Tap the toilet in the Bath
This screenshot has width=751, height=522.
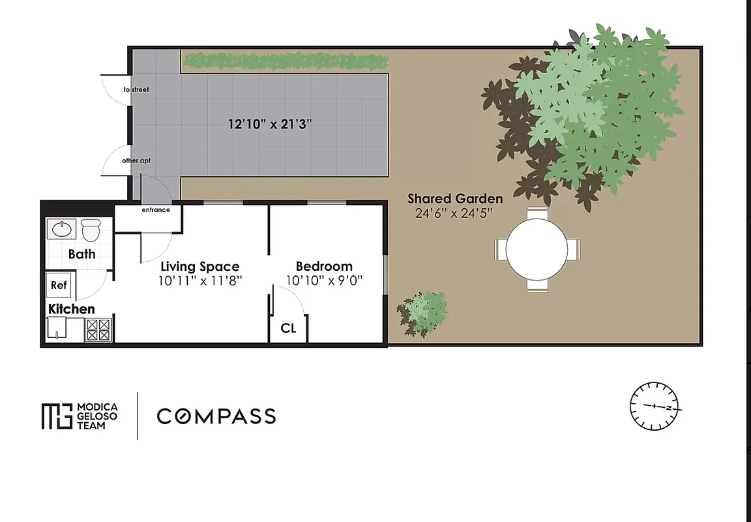pos(91,230)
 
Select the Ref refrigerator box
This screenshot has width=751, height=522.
pos(59,285)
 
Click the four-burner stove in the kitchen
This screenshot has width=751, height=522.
pos(98,330)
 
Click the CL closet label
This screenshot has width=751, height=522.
pos(288,328)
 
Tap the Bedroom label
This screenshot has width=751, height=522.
pos(324,266)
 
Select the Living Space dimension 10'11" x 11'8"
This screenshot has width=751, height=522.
pos(200,281)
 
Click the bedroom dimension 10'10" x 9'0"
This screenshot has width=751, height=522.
pos(324,281)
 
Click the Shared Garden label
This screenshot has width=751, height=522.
pos(455,198)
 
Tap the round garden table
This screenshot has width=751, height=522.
pos(537,249)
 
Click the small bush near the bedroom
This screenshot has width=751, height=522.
pos(423,312)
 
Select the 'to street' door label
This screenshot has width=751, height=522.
pos(136,89)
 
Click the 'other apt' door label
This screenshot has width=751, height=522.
pos(136,160)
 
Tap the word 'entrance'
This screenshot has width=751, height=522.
pos(156,210)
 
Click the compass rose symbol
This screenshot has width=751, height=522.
pos(655,406)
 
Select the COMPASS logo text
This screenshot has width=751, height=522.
pos(216,416)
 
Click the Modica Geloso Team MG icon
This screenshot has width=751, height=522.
pos(56,416)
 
